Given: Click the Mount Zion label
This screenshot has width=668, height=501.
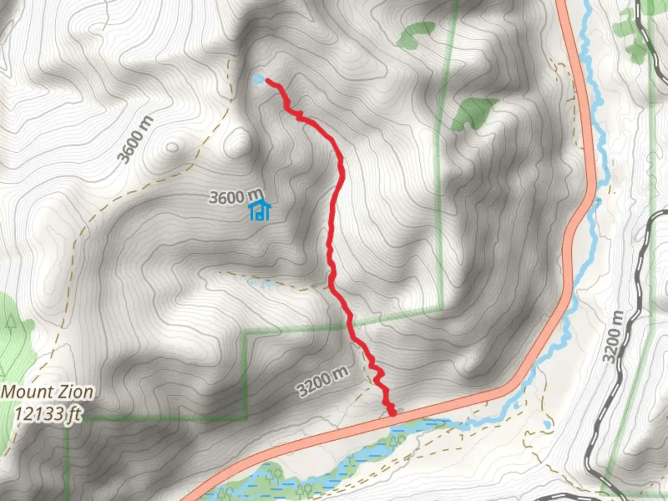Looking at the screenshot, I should [47, 392].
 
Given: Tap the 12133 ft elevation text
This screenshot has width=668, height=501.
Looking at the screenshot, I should [48, 413].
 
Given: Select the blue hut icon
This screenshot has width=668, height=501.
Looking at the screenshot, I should [260, 210].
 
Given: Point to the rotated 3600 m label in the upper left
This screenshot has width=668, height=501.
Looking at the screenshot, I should [135, 140].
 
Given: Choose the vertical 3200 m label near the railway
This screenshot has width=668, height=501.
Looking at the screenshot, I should [614, 337].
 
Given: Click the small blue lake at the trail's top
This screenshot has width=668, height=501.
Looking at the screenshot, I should [259, 80].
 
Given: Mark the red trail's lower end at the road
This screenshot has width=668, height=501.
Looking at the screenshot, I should [392, 412].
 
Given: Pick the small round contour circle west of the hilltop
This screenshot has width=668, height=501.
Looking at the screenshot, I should [173, 148].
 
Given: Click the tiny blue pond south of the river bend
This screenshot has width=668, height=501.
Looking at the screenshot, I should [547, 424].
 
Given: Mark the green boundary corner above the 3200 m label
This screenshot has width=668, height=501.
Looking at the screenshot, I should [245, 332].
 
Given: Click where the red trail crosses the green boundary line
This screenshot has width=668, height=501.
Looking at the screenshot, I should [349, 323].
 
